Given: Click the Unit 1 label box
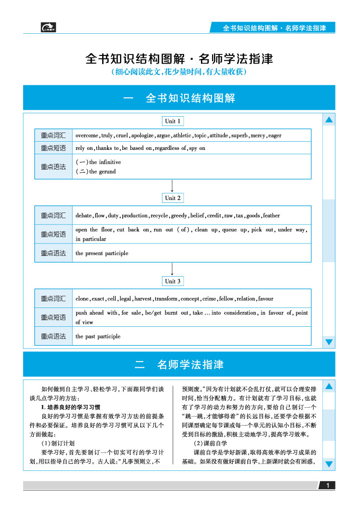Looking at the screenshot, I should tap(173, 121).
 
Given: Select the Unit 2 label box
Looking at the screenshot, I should tap(173, 198).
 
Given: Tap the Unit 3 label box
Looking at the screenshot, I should tap(173, 281).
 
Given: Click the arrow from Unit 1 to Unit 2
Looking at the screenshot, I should tap(173, 186).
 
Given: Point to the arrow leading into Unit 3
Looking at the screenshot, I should tap(173, 269).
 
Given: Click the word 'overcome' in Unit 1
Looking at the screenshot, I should tap(87, 135).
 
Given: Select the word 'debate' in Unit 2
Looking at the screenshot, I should tap(83, 215).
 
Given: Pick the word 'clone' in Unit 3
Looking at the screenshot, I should tap(82, 299).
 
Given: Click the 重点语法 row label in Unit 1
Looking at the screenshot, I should tap(53, 167).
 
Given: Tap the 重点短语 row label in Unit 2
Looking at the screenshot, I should tap(53, 234).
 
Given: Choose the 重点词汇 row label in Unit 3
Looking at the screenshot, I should tap(53, 299).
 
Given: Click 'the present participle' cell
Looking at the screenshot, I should tap(102, 253).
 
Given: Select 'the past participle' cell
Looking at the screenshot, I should tap(98, 336).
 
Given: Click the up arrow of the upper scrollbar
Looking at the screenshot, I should tap(329, 120).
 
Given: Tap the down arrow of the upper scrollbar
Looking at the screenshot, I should tap(329, 342).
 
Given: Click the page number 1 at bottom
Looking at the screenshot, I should tap(327, 485).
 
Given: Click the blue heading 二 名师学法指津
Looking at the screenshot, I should tap(179, 364).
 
